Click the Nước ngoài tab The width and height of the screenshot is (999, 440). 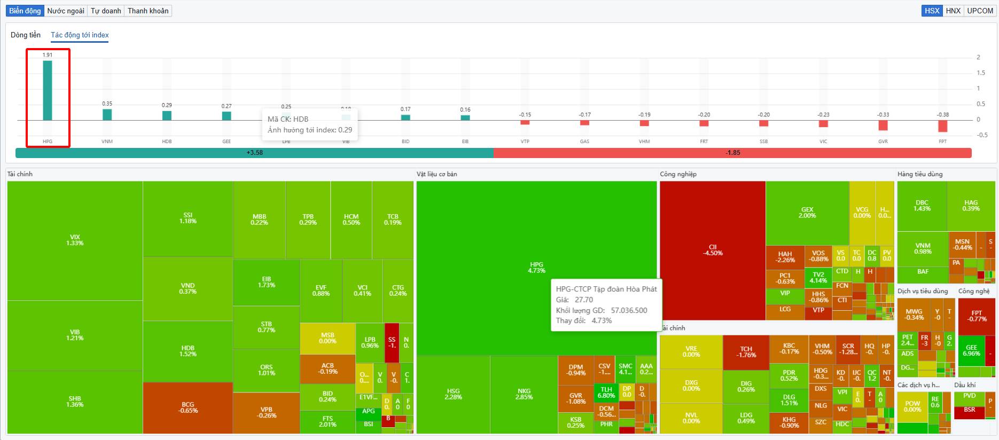point(66,11)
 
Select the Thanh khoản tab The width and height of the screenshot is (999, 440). point(148,11)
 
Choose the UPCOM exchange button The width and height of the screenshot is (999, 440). point(980,11)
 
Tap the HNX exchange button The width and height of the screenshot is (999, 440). point(953,11)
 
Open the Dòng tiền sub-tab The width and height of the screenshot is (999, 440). point(26,35)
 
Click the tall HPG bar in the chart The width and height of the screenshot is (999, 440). point(48,91)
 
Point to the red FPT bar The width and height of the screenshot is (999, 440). point(942,125)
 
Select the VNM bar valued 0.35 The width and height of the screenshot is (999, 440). point(107,114)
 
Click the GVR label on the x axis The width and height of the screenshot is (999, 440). point(883,142)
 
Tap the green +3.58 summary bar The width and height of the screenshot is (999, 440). point(254,153)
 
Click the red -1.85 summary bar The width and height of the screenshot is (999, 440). point(732,153)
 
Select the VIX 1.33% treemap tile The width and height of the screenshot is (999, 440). point(75,240)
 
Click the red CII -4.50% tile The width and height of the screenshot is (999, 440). point(712,250)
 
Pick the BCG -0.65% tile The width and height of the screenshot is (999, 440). point(188,407)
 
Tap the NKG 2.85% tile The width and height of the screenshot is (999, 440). point(524,394)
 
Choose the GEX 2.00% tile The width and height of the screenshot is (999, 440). point(807,213)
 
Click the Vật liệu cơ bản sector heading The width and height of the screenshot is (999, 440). point(436,174)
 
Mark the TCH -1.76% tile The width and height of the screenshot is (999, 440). point(746,352)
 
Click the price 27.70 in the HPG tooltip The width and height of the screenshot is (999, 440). point(584,300)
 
